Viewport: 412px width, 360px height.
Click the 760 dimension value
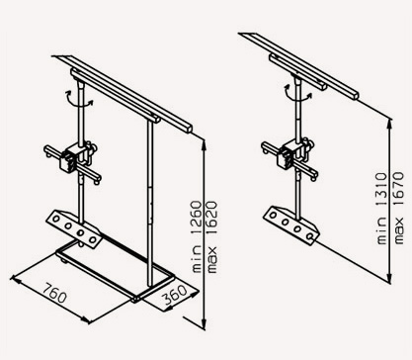(55, 293)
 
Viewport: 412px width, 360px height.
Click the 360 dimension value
(175, 295)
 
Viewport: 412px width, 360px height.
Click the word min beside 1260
(197, 259)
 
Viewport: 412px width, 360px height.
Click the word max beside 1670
(398, 230)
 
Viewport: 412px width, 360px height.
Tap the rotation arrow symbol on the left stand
(80, 99)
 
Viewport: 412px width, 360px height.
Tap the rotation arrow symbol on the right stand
(297, 92)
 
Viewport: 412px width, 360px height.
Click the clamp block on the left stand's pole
(69, 159)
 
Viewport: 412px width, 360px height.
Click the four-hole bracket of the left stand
(73, 227)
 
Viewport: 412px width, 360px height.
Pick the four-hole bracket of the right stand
(291, 225)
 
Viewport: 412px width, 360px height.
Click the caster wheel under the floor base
(64, 262)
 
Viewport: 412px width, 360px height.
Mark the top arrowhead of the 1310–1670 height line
(390, 125)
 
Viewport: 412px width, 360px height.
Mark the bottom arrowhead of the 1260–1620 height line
(204, 322)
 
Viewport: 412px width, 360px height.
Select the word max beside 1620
(212, 259)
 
